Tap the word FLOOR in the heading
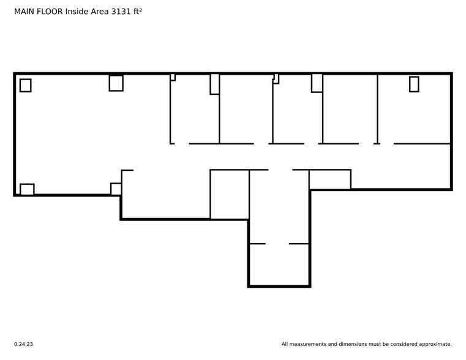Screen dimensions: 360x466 pyautogui.click(x=51, y=11)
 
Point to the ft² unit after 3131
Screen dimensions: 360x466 pyautogui.click(x=140, y=11)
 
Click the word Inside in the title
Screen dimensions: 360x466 pyautogui.click(x=78, y=11)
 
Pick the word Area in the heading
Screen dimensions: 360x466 pyautogui.click(x=100, y=11)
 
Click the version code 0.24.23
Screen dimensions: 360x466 pyautogui.click(x=23, y=344)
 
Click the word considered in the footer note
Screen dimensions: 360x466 pyautogui.click(x=400, y=344)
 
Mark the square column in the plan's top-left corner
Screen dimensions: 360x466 pyautogui.click(x=25, y=85)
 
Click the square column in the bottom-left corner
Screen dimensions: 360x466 pyautogui.click(x=27, y=189)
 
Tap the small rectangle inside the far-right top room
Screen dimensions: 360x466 pyautogui.click(x=414, y=84)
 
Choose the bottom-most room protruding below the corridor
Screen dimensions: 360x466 pyautogui.click(x=279, y=264)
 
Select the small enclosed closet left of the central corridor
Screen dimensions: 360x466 pyautogui.click(x=229, y=194)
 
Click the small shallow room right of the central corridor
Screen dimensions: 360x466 pyautogui.click(x=329, y=179)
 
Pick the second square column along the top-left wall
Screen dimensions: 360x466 pyautogui.click(x=116, y=83)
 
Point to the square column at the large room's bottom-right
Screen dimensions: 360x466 pyautogui.click(x=116, y=189)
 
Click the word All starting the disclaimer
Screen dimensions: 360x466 pyautogui.click(x=285, y=344)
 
